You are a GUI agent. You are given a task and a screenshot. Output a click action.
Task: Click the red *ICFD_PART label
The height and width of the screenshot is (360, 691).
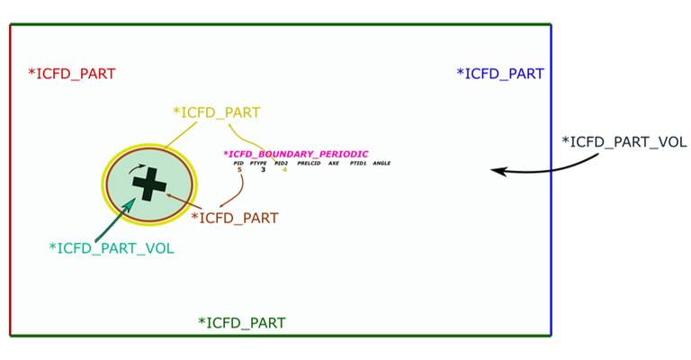(x=72, y=74)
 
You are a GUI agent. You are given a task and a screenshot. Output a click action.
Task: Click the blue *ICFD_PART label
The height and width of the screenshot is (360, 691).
(x=500, y=74)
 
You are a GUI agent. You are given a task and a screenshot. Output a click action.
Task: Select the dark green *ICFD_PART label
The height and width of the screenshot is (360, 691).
(x=242, y=322)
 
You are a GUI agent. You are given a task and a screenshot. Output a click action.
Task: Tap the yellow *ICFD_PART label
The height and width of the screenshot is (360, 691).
(x=217, y=112)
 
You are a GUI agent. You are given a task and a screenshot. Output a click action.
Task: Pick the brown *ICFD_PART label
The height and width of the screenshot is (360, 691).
(x=235, y=218)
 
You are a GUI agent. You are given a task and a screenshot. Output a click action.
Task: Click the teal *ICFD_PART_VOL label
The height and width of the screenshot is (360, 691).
(x=112, y=247)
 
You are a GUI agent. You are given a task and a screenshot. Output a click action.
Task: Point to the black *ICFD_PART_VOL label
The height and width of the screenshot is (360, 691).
(x=624, y=141)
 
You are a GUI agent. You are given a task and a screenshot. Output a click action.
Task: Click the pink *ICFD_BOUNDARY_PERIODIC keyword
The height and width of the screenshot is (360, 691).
(x=296, y=154)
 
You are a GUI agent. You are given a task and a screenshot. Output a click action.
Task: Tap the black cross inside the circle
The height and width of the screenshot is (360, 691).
(x=149, y=184)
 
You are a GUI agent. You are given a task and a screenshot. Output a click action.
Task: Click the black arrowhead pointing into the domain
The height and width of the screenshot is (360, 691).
(x=497, y=170)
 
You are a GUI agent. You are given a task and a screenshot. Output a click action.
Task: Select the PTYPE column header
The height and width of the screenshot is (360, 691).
(x=261, y=163)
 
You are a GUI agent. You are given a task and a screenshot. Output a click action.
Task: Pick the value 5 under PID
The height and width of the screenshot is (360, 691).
(x=239, y=170)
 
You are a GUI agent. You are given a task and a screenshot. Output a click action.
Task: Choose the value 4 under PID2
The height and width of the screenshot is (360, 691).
(x=284, y=170)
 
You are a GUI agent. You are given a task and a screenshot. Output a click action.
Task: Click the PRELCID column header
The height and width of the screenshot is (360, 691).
(x=309, y=163)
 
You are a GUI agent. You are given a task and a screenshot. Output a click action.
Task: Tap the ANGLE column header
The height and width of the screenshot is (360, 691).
(x=381, y=163)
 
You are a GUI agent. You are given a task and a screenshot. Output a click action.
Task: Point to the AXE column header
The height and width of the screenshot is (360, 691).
(x=334, y=163)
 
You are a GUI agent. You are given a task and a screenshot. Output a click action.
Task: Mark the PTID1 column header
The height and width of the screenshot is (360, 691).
(x=357, y=163)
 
